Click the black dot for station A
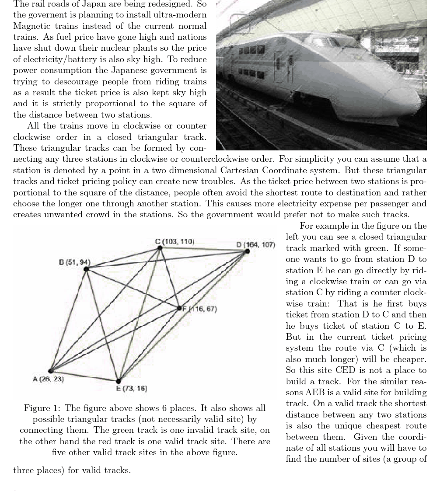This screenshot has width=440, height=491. coord(51,371)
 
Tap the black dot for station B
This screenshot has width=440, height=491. coord(86,269)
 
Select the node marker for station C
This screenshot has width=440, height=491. coord(160,248)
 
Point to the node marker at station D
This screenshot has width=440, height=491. coord(248,251)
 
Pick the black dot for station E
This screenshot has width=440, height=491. coord(118,381)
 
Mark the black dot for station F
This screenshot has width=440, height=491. coord(179,308)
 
